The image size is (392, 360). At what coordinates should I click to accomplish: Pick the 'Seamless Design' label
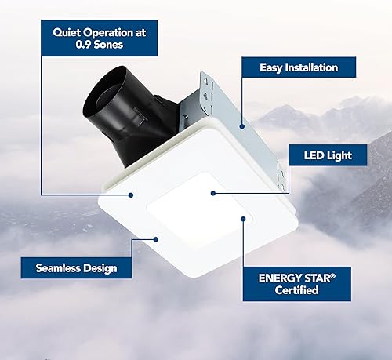(76, 267)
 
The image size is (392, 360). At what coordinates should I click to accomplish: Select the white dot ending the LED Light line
(212, 191)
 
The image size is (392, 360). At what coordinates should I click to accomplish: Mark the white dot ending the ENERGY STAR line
(242, 220)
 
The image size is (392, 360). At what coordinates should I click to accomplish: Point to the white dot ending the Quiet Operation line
(132, 195)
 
